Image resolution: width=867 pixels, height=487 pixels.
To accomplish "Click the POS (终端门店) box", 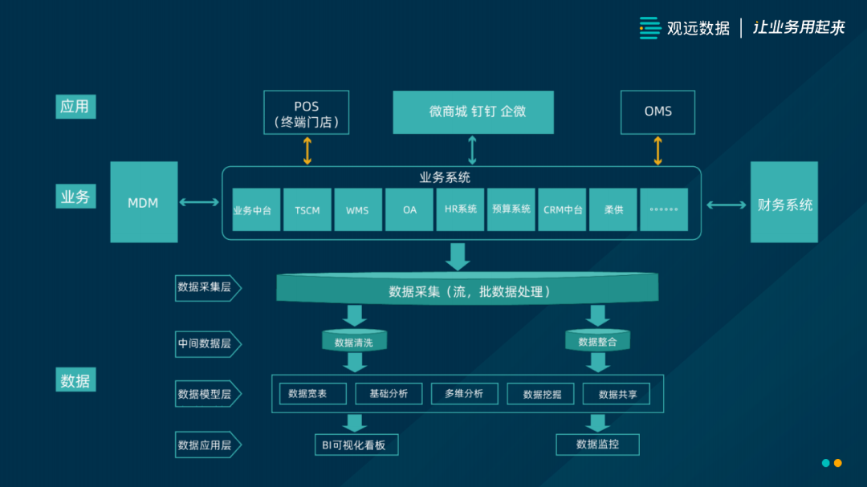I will pos(307,112).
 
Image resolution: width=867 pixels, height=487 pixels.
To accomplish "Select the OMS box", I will pos(657,112).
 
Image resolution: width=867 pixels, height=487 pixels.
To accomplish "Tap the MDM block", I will pos(144,202).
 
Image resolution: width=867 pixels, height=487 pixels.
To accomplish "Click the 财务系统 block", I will pos(784,204).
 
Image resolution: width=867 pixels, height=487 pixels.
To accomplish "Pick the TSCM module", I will pos(307,210).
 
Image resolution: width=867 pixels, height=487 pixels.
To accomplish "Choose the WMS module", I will pos(357,210).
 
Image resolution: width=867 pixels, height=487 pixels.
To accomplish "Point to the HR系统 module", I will pos(461,209).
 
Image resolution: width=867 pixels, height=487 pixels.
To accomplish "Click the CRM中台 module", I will pos(563,210).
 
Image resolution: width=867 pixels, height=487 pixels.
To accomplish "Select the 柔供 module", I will pos(613,210).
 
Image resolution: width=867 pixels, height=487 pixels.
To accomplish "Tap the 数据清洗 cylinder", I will pos(353,342).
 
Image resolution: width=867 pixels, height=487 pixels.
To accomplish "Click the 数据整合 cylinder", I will pos(597,342).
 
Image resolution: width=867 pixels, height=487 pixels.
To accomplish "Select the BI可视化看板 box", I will pos(355,444).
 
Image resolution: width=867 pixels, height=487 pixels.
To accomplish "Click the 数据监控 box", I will pos(597,444).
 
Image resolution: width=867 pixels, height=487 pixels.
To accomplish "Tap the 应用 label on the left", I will pos(75,107).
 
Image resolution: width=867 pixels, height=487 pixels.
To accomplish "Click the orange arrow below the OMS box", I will pos(658,150).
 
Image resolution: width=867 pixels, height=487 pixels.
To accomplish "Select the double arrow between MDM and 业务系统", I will pos(199,202).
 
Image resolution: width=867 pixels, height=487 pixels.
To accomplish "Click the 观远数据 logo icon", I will pos(649,28).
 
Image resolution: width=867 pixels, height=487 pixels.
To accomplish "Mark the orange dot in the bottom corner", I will pos(837,463).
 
